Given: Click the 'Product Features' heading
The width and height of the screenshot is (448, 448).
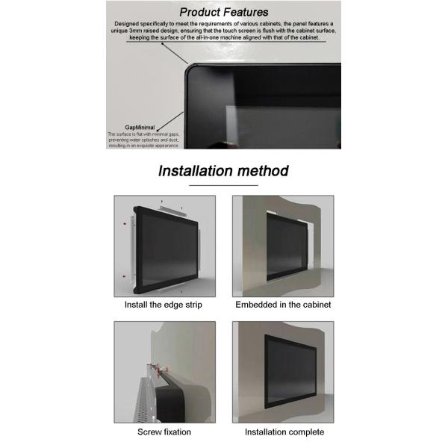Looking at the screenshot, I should point(224,12).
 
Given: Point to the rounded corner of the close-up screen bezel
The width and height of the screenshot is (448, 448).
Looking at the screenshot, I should point(193,72).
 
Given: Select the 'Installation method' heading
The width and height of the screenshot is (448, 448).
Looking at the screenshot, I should point(223,171).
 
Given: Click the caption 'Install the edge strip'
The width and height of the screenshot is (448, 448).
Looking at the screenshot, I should point(164,305).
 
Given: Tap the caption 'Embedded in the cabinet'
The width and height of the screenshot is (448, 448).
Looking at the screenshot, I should point(283,305).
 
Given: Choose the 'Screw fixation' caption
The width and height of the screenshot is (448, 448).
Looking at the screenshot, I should point(164,432).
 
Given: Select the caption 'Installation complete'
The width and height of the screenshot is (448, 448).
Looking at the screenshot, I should point(283,432).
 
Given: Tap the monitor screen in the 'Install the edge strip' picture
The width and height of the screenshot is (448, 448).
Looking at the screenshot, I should point(168,246).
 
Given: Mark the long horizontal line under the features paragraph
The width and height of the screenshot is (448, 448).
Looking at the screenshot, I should point(224,43).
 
